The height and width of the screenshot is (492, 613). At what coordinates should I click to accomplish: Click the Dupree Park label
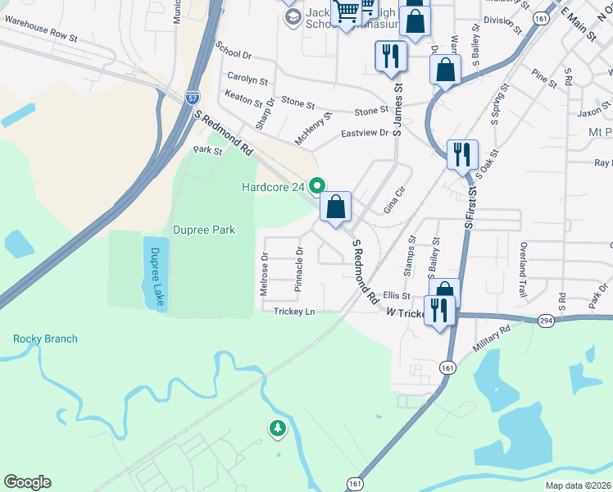click(203, 230)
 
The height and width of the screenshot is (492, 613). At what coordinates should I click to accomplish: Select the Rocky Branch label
click(45, 339)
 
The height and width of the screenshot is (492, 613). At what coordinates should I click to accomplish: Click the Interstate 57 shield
click(193, 98)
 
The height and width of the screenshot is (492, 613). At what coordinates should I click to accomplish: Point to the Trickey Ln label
click(294, 312)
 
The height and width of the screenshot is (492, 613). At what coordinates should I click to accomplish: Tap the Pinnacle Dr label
click(299, 269)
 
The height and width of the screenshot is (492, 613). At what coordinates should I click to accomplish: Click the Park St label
click(207, 150)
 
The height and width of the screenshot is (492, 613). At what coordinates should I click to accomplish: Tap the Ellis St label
click(396, 295)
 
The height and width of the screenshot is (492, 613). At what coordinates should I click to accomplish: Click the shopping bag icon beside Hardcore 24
click(336, 207)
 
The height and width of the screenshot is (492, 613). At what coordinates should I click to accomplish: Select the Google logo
click(27, 482)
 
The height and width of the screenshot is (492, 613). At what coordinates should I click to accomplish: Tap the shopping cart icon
click(347, 11)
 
